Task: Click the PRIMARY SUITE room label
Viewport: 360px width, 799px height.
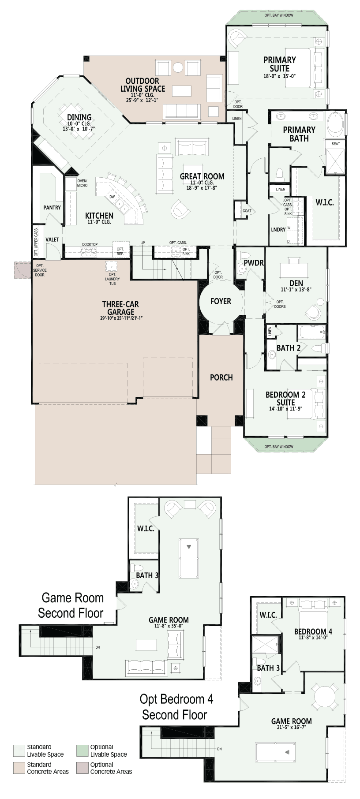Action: pos(280,64)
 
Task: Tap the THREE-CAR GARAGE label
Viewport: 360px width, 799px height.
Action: pos(120,308)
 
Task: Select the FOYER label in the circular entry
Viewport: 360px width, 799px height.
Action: pos(221,301)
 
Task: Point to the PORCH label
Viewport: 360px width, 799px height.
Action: pos(221,377)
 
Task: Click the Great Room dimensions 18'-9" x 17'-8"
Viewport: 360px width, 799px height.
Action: pos(202,187)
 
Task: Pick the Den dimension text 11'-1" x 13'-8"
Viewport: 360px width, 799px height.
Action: pos(296,290)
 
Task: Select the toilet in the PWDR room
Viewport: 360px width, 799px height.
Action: pos(240,257)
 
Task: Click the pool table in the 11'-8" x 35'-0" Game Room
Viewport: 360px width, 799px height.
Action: pos(189,558)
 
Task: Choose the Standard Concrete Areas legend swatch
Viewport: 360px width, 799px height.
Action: pos(19,768)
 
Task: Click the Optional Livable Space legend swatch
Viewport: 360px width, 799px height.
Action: pos(82,750)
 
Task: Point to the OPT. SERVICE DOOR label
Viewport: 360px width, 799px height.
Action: pos(40,270)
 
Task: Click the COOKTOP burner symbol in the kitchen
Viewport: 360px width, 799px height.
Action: pos(89,252)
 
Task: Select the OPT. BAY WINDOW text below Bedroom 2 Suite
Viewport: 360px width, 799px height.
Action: pos(279,447)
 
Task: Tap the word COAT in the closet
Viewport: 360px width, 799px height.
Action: pos(247,211)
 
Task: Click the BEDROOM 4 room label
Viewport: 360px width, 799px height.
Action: pos(313,631)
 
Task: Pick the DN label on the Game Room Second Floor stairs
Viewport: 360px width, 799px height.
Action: pos(97,647)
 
